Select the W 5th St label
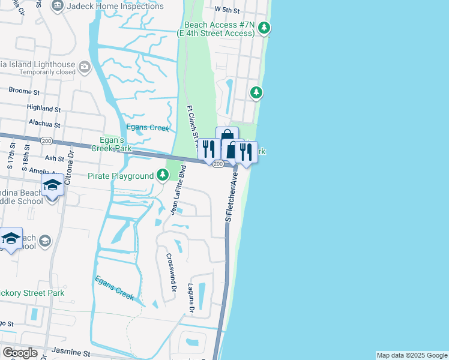pyautogui.click(x=226, y=10)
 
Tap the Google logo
pyautogui.click(x=19, y=353)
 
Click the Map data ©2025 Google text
pyautogui.click(x=411, y=355)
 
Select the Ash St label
pyautogui.click(x=55, y=158)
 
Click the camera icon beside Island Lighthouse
pyautogui.click(x=85, y=65)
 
